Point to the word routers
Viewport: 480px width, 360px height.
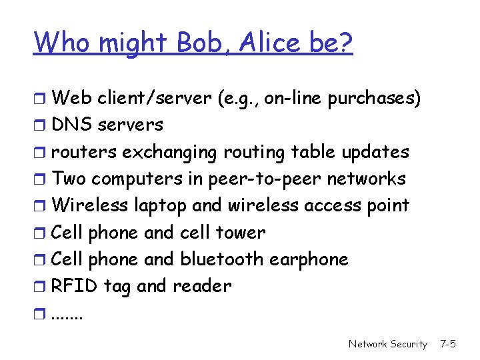coord(83,152)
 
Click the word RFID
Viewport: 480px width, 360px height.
coord(74,286)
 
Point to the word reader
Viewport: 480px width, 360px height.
coord(201,286)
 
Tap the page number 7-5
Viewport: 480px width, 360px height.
coord(447,344)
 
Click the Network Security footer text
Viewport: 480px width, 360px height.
coord(387,344)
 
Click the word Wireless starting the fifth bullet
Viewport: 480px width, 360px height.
coord(85,205)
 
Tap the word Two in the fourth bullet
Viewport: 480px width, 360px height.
coord(69,179)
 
